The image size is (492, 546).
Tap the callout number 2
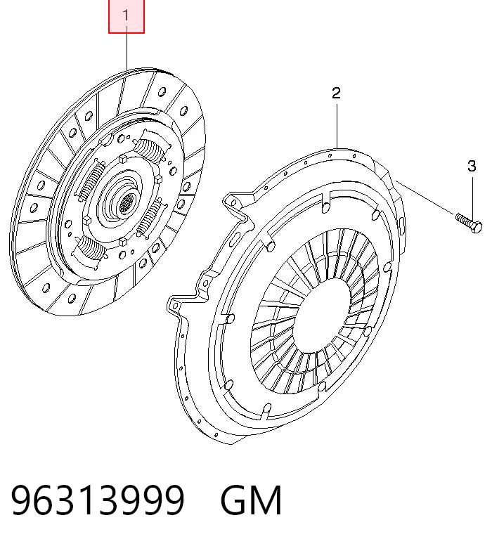coord(336,93)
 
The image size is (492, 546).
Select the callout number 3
coord(472,166)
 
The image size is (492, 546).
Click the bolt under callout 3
coord(469,223)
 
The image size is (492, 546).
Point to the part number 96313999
coord(98,500)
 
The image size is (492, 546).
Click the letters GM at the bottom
coord(251,500)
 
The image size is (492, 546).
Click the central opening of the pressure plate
coord(322,315)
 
